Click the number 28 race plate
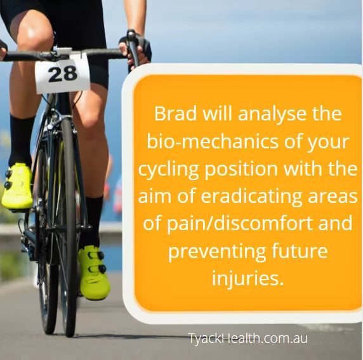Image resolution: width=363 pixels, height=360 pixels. (x=62, y=73)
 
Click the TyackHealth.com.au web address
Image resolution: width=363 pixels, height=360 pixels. (x=248, y=338)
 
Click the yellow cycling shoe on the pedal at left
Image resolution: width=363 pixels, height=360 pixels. (x=17, y=186)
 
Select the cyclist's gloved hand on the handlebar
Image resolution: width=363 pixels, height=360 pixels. (x=136, y=49)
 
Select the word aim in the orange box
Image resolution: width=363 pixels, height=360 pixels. (x=156, y=196)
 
